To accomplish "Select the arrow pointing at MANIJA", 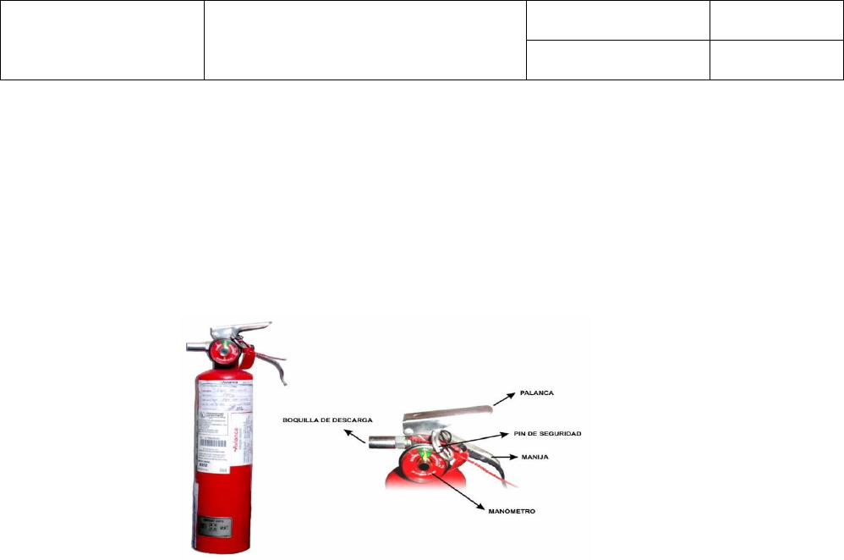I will [501, 458].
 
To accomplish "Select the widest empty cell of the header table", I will [365, 40].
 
